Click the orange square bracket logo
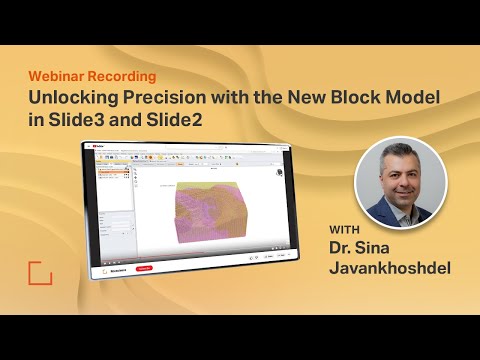(x=40, y=273)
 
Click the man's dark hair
(x=399, y=155)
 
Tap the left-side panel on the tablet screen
(x=109, y=200)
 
